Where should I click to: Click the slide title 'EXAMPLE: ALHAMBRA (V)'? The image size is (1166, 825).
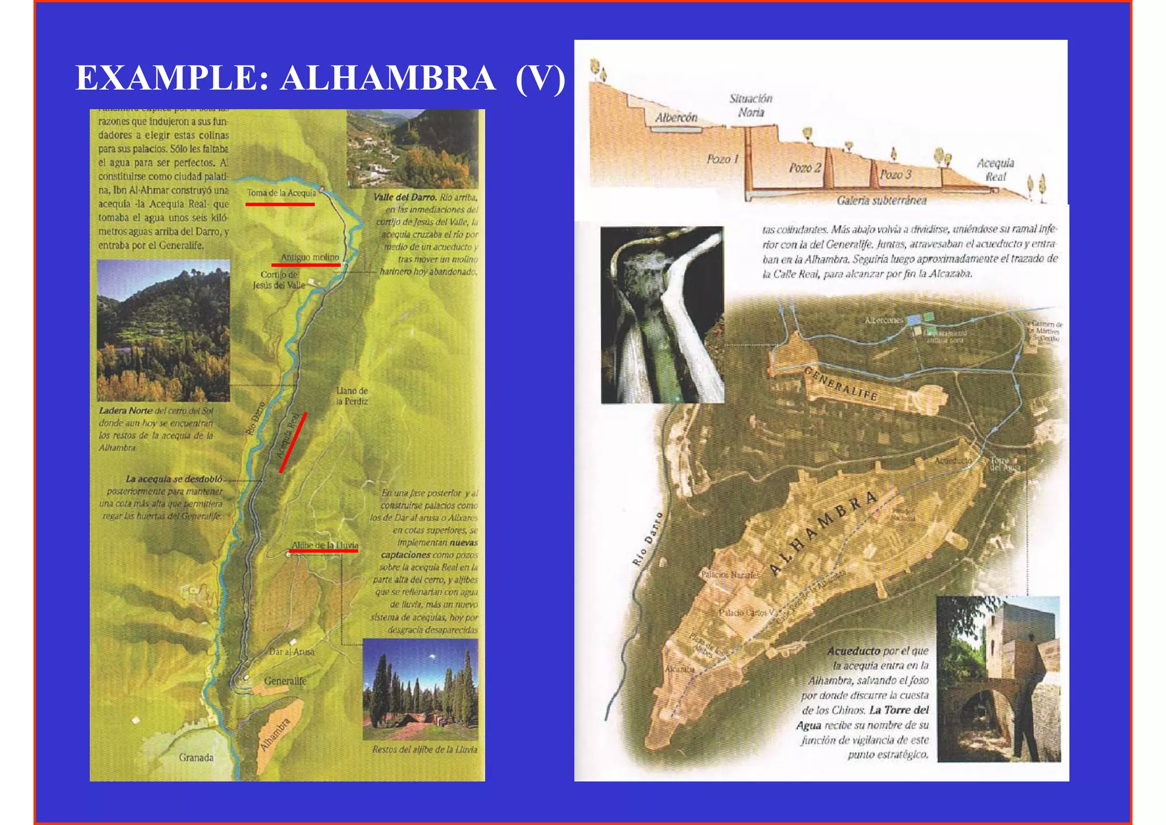[321, 78]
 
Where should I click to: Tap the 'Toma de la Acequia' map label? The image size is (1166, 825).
[281, 193]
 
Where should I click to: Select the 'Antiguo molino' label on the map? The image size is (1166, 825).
[310, 258]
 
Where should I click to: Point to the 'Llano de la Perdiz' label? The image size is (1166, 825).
[352, 396]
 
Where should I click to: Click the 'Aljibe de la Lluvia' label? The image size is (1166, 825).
[325, 545]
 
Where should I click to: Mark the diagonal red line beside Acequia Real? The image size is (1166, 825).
[293, 443]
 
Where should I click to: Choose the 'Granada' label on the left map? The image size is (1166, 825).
[196, 757]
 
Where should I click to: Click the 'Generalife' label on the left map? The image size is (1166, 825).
[285, 681]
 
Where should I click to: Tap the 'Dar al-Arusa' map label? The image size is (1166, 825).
[291, 652]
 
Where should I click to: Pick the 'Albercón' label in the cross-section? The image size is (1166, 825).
[676, 118]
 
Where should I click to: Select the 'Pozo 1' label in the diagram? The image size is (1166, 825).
[722, 159]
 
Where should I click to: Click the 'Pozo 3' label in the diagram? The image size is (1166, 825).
[896, 174]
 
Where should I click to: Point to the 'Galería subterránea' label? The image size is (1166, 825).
[881, 201]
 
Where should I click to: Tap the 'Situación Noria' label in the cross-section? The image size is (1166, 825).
[751, 105]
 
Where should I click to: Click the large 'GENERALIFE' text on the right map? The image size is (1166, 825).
[841, 385]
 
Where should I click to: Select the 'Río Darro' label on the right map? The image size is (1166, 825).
[647, 538]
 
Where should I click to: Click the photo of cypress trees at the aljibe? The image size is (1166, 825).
[420, 689]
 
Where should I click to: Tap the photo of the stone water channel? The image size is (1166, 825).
[662, 315]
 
